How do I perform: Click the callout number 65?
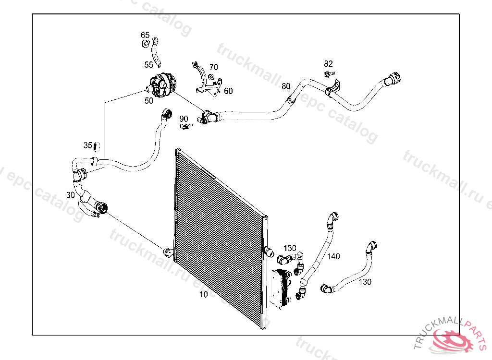point(145,35)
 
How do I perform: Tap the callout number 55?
point(149,64)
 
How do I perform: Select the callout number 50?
point(149,101)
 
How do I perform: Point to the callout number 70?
point(213,67)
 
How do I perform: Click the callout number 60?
point(228,91)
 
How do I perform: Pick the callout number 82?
point(328,63)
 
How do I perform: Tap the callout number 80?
point(286,86)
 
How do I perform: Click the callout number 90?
point(184,119)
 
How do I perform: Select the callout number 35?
point(88,145)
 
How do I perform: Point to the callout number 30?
point(71,195)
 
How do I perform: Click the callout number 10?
point(204,294)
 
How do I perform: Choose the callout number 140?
point(333,256)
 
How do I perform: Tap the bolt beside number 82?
point(328,73)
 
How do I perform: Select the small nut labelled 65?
point(145,44)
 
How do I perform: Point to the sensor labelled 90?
point(185,126)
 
